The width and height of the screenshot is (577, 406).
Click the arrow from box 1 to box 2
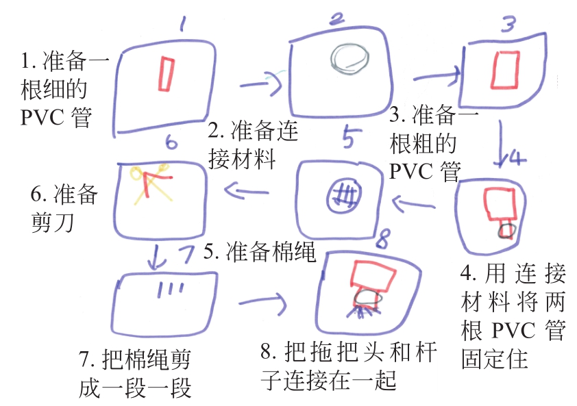262,86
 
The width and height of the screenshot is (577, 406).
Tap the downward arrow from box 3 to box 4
503,149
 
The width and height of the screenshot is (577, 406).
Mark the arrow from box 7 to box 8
262,300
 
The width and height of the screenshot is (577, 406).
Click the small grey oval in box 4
506,229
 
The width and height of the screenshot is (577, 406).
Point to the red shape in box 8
371,277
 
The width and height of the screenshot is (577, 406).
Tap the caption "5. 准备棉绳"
260,253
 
